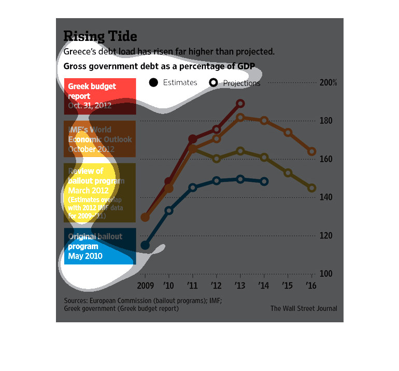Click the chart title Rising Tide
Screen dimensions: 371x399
pyautogui.click(x=100, y=36)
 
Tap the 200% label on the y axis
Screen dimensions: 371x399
pyautogui.click(x=328, y=82)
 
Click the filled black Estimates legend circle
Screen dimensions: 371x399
pyautogui.click(x=153, y=82)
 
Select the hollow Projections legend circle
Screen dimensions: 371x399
pyautogui.click(x=213, y=83)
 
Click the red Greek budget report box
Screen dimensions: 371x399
pyautogui.click(x=100, y=96)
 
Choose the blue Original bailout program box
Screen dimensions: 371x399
pyautogui.click(x=100, y=246)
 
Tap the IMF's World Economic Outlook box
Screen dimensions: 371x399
pyautogui.click(x=100, y=139)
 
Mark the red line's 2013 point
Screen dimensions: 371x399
pyautogui.click(x=240, y=104)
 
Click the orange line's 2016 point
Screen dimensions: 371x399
pyautogui.click(x=312, y=152)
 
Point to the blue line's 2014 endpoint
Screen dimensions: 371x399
pyautogui.click(x=264, y=181)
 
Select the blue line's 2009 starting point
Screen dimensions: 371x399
pyautogui.click(x=145, y=245)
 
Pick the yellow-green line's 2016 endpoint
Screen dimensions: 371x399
pyautogui.click(x=312, y=188)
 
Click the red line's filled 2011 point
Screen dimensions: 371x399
pyautogui.click(x=193, y=139)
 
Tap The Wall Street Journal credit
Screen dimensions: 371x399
pyautogui.click(x=304, y=308)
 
